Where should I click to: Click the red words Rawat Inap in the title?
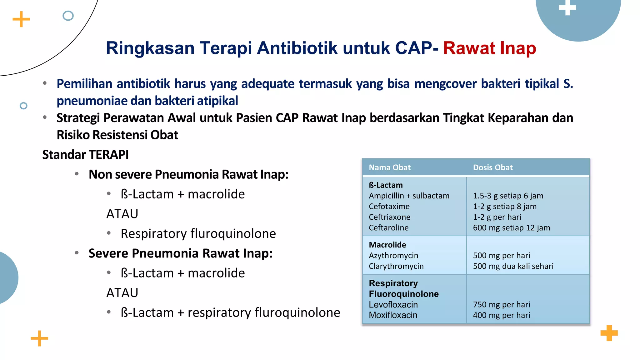(x=489, y=48)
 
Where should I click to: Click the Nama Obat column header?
(x=389, y=167)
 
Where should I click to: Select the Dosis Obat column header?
(x=492, y=167)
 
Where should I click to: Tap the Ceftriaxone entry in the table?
(x=389, y=217)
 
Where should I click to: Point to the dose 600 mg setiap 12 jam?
(x=511, y=228)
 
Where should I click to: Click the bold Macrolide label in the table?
(x=387, y=245)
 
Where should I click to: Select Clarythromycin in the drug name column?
(x=396, y=266)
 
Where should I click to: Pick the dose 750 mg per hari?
(x=501, y=305)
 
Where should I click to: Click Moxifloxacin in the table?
(x=393, y=315)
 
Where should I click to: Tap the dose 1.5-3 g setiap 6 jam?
(x=508, y=196)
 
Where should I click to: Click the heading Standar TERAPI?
(x=85, y=155)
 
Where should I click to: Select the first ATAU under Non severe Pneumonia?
(x=122, y=214)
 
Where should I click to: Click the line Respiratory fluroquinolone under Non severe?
(x=198, y=234)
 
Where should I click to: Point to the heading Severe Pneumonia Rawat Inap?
(x=180, y=253)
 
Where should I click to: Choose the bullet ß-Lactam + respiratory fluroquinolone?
(x=230, y=312)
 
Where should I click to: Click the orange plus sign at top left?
(x=21, y=19)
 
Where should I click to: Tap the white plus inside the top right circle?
(x=567, y=7)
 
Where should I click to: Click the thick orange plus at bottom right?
(x=609, y=333)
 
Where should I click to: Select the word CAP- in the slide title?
(x=417, y=48)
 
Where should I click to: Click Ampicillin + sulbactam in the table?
(x=409, y=196)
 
